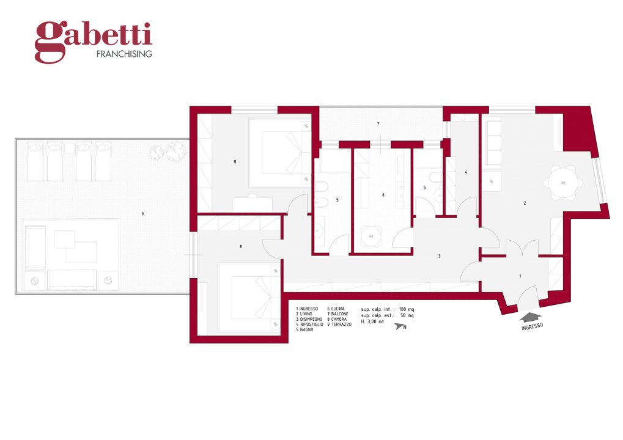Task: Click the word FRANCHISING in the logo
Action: [x=125, y=54]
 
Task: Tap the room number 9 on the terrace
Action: [x=142, y=214]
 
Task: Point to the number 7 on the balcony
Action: [x=378, y=124]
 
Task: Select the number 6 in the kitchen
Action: [x=383, y=196]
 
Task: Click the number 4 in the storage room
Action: [x=466, y=172]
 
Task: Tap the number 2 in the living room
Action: [x=525, y=203]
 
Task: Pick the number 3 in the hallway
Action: [x=439, y=255]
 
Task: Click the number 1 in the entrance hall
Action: [x=520, y=276]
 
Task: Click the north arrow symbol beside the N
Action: [x=400, y=327]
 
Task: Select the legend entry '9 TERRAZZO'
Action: [x=339, y=324]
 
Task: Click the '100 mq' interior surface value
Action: [x=406, y=309]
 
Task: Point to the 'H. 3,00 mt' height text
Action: [x=372, y=321]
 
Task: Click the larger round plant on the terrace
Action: [x=176, y=150]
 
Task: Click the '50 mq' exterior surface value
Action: [x=407, y=315]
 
